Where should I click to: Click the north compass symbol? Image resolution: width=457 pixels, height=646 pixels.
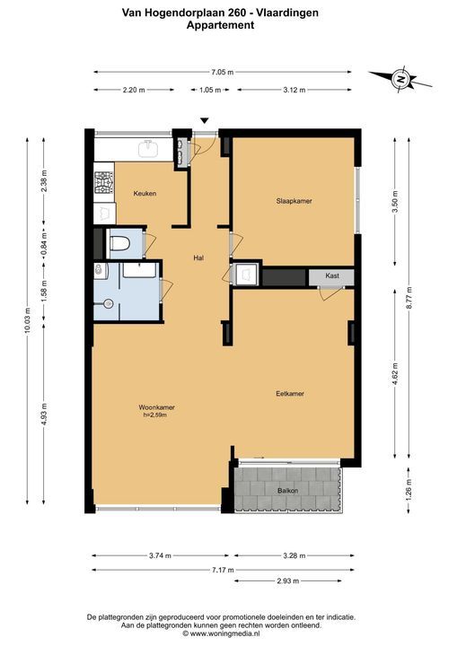(x=400, y=78)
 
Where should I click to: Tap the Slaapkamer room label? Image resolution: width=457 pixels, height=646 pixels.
(x=294, y=201)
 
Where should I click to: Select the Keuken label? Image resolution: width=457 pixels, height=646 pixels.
(x=145, y=193)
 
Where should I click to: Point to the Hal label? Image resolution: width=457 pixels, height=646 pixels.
(x=198, y=258)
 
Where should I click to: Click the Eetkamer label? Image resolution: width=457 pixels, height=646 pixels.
(x=290, y=394)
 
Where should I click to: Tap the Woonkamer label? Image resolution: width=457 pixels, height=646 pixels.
(x=157, y=407)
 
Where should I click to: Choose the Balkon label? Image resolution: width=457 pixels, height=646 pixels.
(x=288, y=491)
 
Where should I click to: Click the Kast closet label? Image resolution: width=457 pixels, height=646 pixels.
(x=332, y=275)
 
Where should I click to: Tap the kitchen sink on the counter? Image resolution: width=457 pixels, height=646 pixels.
(x=148, y=149)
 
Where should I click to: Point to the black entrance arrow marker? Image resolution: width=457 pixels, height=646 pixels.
(x=205, y=121)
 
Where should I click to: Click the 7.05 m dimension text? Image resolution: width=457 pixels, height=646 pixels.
(x=223, y=72)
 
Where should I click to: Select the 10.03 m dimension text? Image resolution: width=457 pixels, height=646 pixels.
(x=28, y=320)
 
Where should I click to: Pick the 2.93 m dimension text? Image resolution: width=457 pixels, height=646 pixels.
(x=287, y=581)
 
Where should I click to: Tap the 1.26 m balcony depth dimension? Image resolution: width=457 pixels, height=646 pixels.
(x=409, y=490)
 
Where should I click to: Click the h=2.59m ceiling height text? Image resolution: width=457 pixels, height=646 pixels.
(x=155, y=415)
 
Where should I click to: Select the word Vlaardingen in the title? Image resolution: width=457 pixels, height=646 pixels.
(x=287, y=13)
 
